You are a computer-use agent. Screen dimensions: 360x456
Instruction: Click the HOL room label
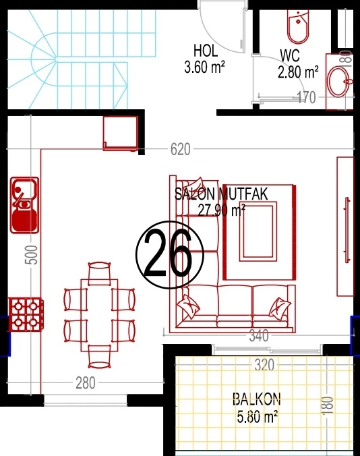[206, 51]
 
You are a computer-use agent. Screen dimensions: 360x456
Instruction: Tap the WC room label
[290, 55]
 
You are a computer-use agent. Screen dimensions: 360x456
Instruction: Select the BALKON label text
[257, 399]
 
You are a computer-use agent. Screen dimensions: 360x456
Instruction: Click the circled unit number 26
[170, 255]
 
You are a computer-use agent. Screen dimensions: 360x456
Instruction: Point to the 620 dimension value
[181, 149]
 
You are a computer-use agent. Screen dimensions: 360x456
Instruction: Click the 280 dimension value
[86, 382]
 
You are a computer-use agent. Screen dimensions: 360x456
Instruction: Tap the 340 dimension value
[259, 336]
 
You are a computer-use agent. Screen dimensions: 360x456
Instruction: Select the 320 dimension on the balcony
[264, 365]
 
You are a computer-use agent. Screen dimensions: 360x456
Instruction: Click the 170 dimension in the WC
[306, 97]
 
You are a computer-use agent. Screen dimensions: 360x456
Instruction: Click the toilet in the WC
[298, 27]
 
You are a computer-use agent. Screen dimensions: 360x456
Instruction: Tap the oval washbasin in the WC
[338, 81]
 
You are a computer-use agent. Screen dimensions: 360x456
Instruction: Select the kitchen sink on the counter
[25, 205]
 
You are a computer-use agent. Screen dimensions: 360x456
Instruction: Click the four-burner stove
[26, 314]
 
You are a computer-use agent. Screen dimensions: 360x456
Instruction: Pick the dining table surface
[99, 315]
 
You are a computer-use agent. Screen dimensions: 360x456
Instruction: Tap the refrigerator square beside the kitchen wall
[121, 134]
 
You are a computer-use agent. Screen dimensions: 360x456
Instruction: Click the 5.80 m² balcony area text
[257, 416]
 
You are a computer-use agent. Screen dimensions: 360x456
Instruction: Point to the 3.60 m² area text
[204, 67]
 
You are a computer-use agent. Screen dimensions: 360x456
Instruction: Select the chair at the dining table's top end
[99, 273]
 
